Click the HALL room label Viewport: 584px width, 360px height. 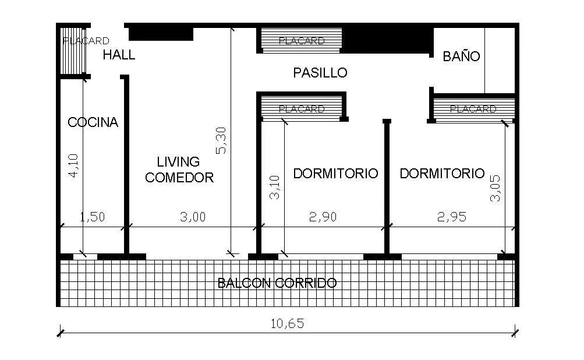[x=119, y=55]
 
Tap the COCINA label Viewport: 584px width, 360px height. [x=93, y=122]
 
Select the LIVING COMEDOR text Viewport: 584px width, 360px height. [x=179, y=170]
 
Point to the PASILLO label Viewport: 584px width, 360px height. [x=320, y=73]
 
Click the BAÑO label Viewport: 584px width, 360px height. [x=461, y=57]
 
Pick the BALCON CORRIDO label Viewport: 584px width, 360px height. [x=277, y=283]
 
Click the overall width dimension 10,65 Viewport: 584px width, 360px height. [x=288, y=323]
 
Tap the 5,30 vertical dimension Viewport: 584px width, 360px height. [x=221, y=142]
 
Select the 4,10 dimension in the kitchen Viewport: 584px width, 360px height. [x=73, y=165]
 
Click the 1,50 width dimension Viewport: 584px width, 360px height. [x=92, y=217]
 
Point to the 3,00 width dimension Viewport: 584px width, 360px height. [x=193, y=217]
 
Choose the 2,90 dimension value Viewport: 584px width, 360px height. [x=323, y=217]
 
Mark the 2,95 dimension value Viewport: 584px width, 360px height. [x=451, y=217]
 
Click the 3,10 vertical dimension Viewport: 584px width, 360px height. [x=275, y=188]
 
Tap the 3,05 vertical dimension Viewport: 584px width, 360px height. [x=495, y=188]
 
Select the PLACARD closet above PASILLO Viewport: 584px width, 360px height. [x=301, y=41]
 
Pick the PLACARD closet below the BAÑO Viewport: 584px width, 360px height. [x=473, y=109]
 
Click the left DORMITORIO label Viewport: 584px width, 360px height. [x=335, y=174]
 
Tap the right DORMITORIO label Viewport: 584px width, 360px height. [x=442, y=173]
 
